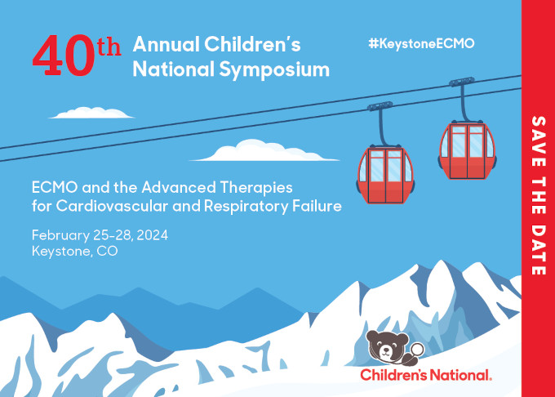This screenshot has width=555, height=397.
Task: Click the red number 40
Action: tap(64, 56)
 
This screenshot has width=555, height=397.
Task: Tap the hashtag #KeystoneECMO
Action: tap(421, 43)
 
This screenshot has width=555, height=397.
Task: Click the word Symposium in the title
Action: tap(274, 70)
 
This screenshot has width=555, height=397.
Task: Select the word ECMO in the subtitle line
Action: tap(55, 187)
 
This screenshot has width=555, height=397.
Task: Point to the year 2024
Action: tap(152, 235)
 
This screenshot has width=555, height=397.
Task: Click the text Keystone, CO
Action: tap(75, 251)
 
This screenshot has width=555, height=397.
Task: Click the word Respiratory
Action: tap(246, 207)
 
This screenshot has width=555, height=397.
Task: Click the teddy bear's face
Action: tap(387, 346)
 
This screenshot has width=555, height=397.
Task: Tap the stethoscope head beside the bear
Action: tap(417, 350)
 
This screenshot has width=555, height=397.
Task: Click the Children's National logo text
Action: tap(426, 375)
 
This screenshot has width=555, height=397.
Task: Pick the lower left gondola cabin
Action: tap(385, 175)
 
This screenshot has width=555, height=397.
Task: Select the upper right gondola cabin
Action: tap(467, 150)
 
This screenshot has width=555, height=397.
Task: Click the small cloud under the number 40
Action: tap(91, 113)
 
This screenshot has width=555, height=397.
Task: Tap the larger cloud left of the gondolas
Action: tap(264, 150)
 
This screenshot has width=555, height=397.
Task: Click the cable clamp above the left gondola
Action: tap(380, 106)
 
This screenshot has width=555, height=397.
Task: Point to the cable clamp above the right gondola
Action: tap(462, 82)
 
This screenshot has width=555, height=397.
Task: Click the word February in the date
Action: tap(60, 236)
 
